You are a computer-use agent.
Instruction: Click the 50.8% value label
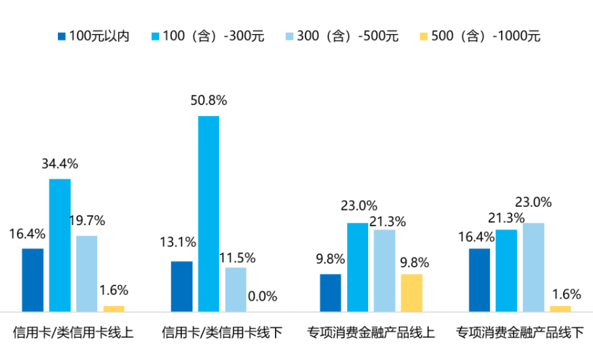point(209,100)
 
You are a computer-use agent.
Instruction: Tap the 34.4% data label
point(59,164)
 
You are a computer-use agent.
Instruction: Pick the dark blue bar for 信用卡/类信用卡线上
point(33,280)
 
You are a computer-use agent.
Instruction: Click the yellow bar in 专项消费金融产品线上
point(411,293)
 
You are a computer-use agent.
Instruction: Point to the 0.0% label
point(263,297)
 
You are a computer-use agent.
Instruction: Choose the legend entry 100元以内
point(94,36)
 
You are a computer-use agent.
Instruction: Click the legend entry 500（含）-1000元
point(480,36)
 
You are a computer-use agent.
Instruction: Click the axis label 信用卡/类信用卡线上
point(73,332)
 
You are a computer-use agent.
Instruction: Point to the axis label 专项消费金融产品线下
point(520,332)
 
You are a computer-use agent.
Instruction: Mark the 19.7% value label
point(87,220)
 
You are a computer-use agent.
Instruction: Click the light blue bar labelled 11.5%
point(236,290)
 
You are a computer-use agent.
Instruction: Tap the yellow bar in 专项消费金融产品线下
point(560,308)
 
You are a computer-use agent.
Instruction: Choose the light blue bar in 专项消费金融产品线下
point(533,267)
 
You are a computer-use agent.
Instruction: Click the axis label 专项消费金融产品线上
point(371,332)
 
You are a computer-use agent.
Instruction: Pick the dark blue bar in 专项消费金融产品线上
point(330,293)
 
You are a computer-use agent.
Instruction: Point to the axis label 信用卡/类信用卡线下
point(222,332)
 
